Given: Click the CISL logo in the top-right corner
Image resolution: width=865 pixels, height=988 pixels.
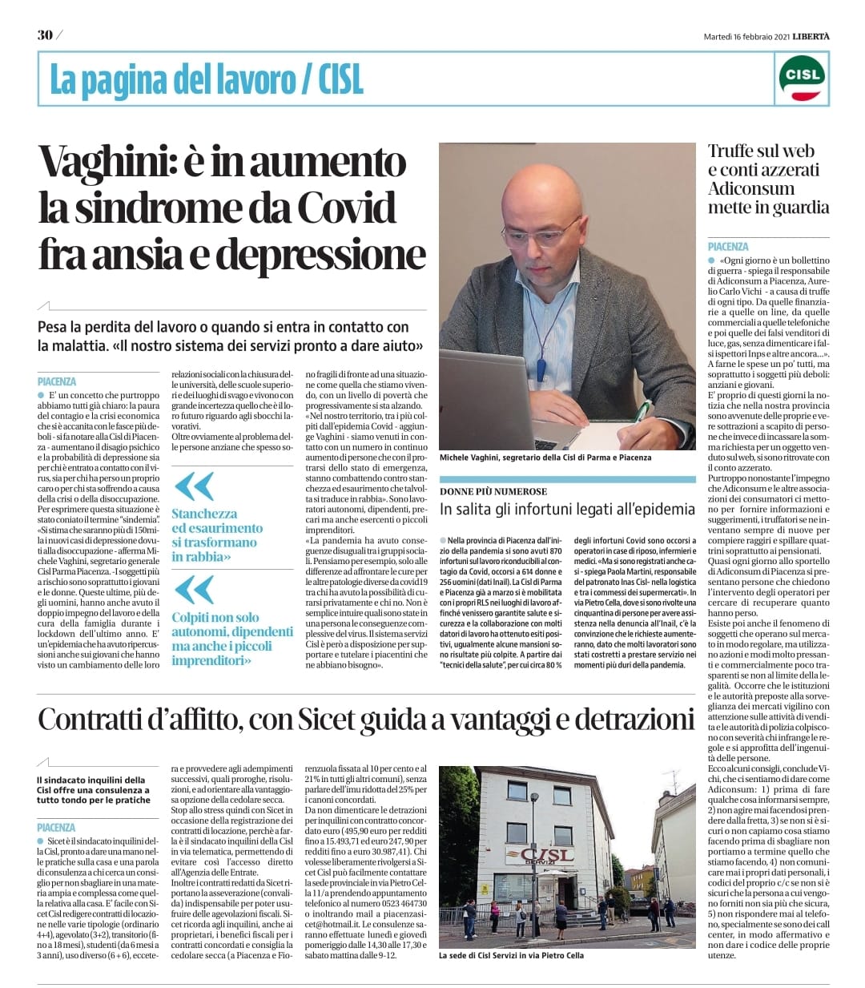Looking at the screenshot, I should pos(802,77).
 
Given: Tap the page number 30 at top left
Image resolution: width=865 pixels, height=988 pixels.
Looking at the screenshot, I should pos(44,35).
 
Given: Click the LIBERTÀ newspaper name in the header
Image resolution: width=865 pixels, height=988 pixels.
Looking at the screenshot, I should pos(807,35).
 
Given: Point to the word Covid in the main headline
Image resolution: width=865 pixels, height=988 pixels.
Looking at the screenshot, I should pos(346,208).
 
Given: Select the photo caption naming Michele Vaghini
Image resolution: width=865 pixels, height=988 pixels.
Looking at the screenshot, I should pos(545,458).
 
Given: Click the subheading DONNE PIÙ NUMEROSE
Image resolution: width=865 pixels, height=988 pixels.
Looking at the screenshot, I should pos(493,491).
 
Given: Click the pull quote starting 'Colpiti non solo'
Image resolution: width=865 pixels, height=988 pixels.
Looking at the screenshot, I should pos(221,639).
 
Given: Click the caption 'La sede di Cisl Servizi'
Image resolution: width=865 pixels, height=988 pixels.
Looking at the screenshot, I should pos(511,955).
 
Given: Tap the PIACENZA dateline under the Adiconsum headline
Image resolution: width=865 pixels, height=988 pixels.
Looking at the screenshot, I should pos(728,247).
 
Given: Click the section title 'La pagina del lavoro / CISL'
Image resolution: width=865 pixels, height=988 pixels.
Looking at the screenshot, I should pos(207,79).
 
